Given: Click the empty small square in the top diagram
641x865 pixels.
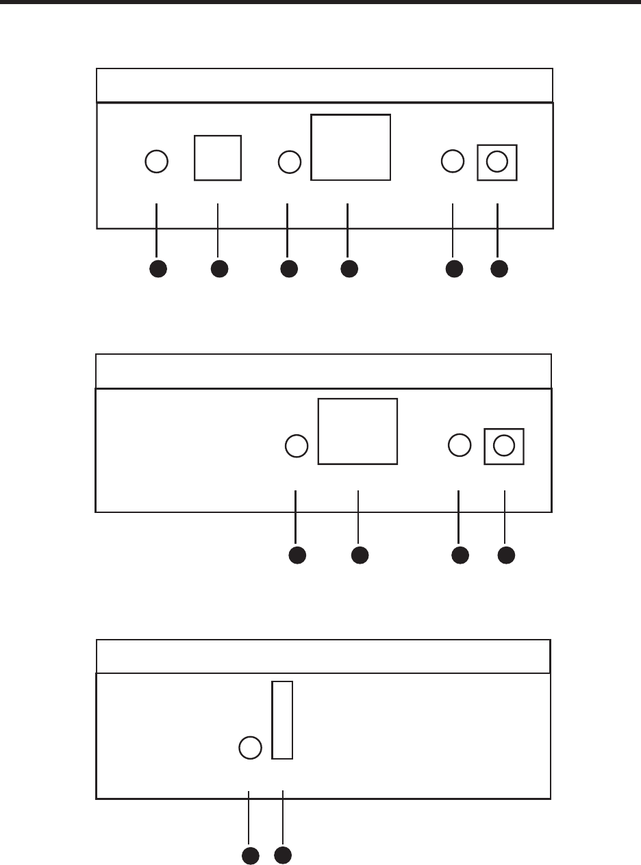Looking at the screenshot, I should [218, 158].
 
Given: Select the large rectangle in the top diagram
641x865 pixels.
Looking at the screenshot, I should [351, 147].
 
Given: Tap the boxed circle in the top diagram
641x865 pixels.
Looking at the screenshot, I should [497, 162].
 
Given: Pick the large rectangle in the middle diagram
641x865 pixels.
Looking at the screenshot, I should [357, 431].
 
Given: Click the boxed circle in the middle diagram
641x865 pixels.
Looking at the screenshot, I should [504, 445].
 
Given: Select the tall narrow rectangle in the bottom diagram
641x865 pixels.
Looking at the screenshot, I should [282, 720].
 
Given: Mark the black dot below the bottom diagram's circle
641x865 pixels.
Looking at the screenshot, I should [251, 855].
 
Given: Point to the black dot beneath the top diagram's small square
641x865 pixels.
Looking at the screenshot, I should [219, 269].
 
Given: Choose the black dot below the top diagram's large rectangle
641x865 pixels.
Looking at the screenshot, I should [349, 269].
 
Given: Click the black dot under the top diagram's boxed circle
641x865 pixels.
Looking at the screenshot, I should [500, 269].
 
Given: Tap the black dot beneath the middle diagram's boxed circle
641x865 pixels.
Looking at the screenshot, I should [506, 555].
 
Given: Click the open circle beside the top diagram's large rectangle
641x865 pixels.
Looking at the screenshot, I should [290, 162].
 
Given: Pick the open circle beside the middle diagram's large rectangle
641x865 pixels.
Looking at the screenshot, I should [296, 446].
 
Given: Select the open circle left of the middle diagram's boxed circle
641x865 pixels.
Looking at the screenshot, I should [460, 445].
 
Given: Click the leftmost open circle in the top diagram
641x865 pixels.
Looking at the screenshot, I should [157, 162].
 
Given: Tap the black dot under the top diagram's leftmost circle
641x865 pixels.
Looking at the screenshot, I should [158, 269].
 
